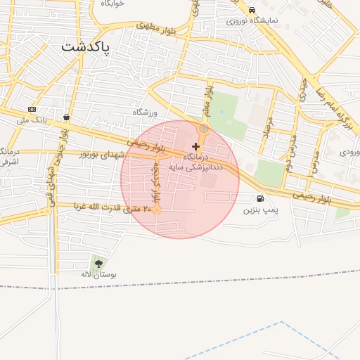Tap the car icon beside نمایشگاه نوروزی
(252, 10)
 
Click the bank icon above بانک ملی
(32, 109)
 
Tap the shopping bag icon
(66, 117)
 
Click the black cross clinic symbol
(195, 146)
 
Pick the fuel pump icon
(262, 199)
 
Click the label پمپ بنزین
(261, 210)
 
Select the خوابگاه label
(112, 4)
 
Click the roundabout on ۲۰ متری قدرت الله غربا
(157, 210)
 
